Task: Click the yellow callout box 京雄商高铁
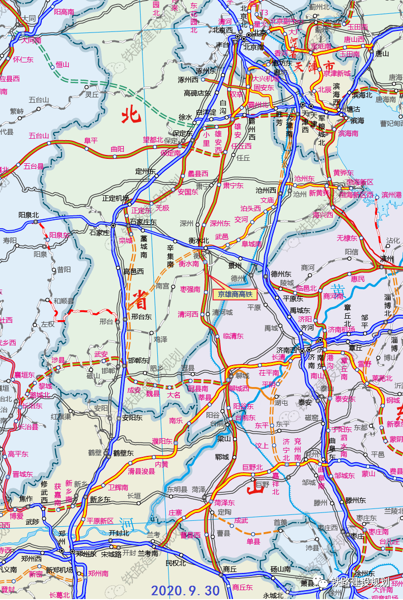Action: pos(235,294)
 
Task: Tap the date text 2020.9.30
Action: pos(185,590)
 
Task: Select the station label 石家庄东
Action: pos(144,222)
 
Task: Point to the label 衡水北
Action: pos(199,240)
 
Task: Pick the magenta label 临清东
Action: pos(233,336)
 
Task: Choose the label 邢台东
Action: pos(141,317)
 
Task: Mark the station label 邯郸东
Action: pos(138,360)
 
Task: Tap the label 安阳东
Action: pos(132,418)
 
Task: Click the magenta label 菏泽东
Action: pos(224,503)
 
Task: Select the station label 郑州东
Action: pos(86,553)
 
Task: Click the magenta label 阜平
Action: pos(90,140)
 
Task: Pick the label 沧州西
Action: pos(266,190)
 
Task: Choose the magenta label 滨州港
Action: pos(391,195)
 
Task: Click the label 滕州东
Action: pos(355,500)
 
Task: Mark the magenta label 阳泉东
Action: pos(59,235)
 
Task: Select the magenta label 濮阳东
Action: pos(162,441)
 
